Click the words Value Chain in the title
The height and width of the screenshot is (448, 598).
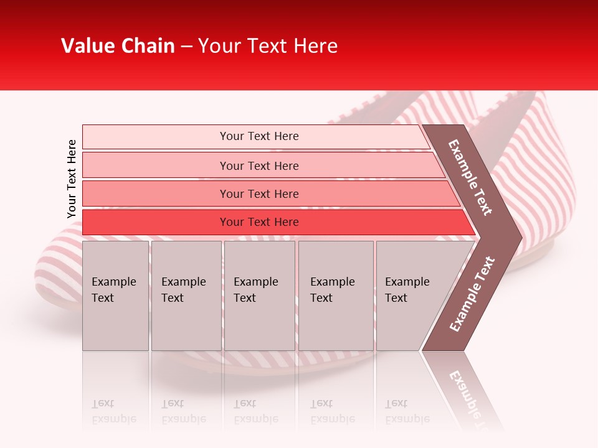point(118,46)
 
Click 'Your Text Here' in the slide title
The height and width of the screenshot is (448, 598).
point(268,46)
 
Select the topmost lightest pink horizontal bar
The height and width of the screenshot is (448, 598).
point(156,137)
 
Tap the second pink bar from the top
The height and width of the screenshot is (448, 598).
point(156,166)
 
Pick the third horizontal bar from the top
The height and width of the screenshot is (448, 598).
point(156,194)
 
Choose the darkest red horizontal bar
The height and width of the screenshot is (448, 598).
point(156,222)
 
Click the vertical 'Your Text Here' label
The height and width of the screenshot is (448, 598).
point(72,179)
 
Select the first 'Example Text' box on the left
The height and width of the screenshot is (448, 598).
point(115,296)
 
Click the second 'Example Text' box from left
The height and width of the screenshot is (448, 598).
point(186,296)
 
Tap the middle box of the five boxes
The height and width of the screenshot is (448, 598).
point(259,296)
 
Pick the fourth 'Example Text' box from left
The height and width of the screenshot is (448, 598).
point(336,296)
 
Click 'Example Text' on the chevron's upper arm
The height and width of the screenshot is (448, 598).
point(470,177)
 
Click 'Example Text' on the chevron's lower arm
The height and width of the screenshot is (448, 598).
point(472,294)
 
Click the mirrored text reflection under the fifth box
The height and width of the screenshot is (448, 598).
point(407,411)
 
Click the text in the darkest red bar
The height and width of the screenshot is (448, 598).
point(259,222)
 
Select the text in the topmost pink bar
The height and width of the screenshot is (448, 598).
point(259,136)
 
